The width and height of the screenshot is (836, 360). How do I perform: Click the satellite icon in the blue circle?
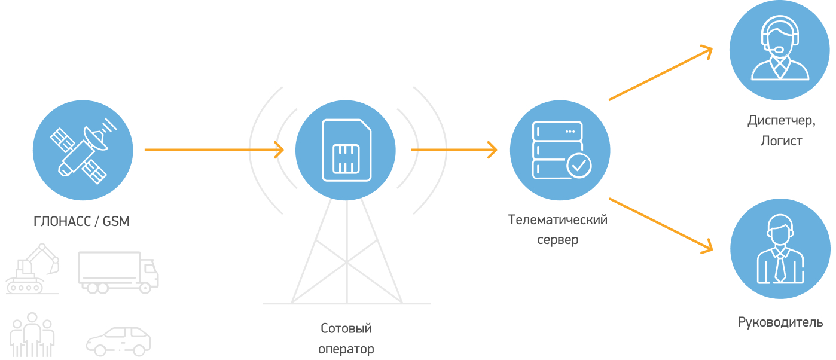[83, 151]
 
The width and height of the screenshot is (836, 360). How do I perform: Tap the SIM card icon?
[346, 150]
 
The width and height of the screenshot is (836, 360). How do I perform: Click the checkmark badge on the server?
[579, 166]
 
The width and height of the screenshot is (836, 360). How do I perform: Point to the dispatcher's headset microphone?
[778, 49]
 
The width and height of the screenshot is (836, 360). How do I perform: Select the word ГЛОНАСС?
[62, 222]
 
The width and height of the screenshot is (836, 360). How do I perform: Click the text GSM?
[116, 222]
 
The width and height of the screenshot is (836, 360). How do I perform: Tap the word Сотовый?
[346, 328]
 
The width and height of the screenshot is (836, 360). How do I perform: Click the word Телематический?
[558, 220]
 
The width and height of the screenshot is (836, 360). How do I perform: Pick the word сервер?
[558, 240]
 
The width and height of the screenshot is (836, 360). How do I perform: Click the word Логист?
[782, 141]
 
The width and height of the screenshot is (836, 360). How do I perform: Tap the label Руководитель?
[780, 322]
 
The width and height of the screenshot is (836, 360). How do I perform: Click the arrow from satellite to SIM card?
[214, 150]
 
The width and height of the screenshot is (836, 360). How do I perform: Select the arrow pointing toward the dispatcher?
[661, 73]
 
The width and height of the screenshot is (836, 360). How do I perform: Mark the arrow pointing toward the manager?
[661, 226]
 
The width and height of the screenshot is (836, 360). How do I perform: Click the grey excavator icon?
[32, 269]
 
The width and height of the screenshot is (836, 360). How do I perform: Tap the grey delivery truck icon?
[118, 272]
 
